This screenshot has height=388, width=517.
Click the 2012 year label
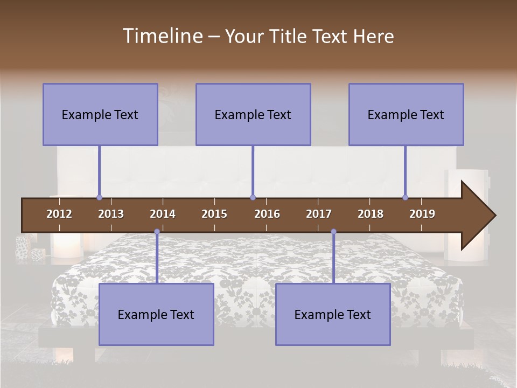59,214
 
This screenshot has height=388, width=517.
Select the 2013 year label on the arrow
111,214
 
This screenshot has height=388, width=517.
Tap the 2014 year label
163,214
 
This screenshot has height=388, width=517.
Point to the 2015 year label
214,214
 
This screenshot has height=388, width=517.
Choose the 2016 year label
267,214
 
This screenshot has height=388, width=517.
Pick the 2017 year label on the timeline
319,214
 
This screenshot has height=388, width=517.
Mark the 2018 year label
371,214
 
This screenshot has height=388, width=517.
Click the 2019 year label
422,214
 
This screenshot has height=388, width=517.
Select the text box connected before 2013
100,114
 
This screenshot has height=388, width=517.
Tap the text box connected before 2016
253,114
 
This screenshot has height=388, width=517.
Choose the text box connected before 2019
406,114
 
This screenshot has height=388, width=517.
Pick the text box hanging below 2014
156,314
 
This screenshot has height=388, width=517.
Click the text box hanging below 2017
333,314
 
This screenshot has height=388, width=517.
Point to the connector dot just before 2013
99,198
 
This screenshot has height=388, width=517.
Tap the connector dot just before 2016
253,198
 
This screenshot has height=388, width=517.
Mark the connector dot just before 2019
405,198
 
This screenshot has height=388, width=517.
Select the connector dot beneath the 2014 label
157,232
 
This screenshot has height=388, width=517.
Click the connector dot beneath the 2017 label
333,232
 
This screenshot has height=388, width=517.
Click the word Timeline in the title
162,36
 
